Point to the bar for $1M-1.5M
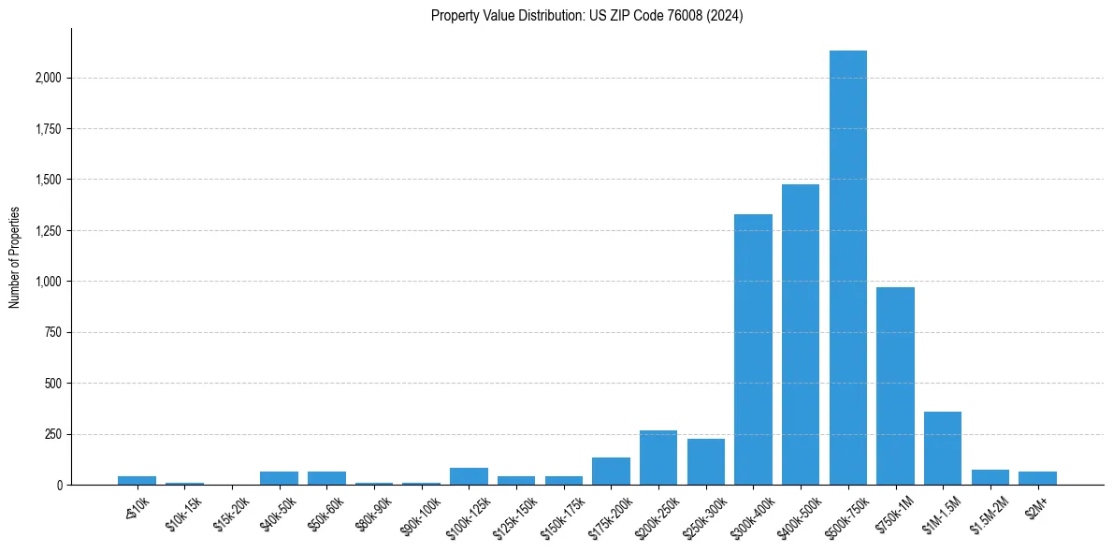[943, 448]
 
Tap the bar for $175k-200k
[611, 471]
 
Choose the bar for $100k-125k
[469, 476]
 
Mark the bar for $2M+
[1037, 478]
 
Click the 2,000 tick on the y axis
[47, 78]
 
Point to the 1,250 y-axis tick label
[47, 230]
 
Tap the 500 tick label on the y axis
[53, 384]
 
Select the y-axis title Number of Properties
[14, 257]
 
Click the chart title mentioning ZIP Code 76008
[586, 16]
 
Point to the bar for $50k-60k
[326, 478]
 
